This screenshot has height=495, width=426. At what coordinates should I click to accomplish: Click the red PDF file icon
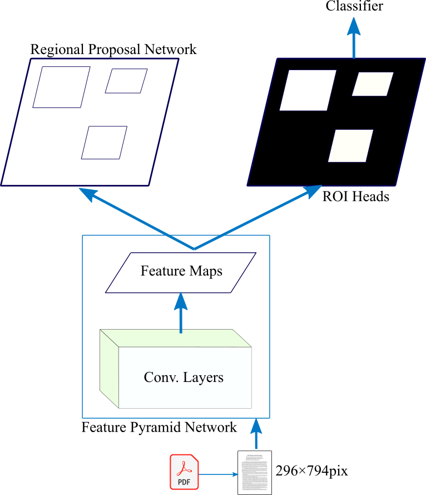click(x=184, y=472)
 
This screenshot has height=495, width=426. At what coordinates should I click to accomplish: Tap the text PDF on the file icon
click(x=184, y=482)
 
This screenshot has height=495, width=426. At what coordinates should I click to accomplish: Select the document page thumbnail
click(x=255, y=472)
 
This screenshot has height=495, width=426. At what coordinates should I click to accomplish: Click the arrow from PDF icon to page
click(x=218, y=474)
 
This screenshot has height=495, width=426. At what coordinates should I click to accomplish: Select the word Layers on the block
click(x=205, y=378)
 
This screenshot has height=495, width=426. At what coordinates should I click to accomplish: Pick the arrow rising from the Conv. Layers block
click(x=181, y=313)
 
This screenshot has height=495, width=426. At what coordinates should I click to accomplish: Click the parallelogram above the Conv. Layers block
click(x=181, y=273)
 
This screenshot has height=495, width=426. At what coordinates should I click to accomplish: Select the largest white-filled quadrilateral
click(x=308, y=90)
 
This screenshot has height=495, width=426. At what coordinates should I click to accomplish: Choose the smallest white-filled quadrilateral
click(x=373, y=84)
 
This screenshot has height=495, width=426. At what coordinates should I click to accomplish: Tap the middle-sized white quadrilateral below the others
click(x=350, y=146)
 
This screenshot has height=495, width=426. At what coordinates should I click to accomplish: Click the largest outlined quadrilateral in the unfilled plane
click(x=61, y=87)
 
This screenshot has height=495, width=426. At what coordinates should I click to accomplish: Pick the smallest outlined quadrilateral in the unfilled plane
click(x=126, y=81)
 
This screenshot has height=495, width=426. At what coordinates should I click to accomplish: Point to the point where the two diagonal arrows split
click(x=194, y=249)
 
